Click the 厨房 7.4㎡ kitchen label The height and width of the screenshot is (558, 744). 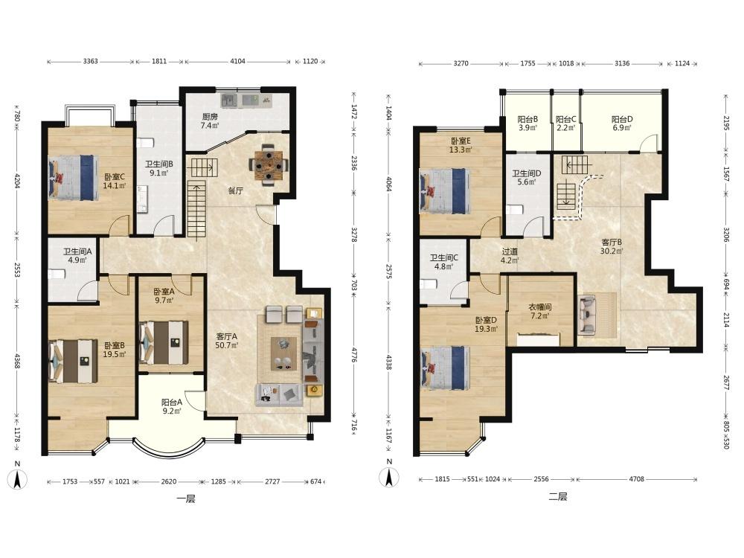click(210, 121)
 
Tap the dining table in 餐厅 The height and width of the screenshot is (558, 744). click(269, 164)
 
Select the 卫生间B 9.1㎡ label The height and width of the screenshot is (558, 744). click(159, 168)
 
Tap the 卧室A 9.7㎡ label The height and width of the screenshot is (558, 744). click(164, 295)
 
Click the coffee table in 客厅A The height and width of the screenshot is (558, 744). click(283, 354)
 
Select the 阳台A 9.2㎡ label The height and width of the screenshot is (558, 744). click(171, 407)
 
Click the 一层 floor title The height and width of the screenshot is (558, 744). click(185, 498)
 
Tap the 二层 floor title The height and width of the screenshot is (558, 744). click(558, 497)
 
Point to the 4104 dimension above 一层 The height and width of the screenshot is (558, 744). click(237, 61)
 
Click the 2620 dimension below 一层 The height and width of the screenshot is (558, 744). click(168, 481)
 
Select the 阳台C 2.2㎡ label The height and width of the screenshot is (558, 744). click(566, 124)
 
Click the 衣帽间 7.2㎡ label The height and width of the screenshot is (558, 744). click(540, 311)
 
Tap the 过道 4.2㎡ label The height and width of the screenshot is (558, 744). click(510, 256)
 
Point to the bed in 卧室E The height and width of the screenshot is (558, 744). click(444, 190)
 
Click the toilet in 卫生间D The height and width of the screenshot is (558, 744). click(514, 209)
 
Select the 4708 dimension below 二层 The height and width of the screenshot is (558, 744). click(636, 479)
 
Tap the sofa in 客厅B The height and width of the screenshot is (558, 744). click(587, 315)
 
